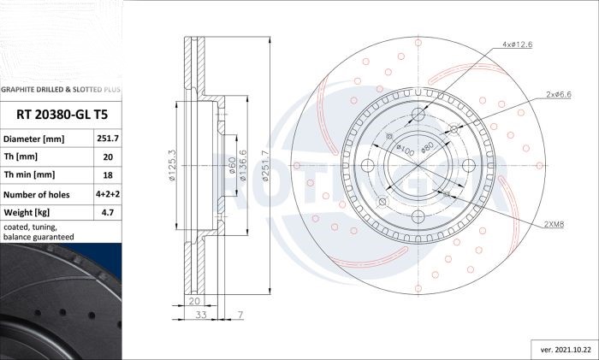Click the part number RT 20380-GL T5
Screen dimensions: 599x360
tap(62, 115)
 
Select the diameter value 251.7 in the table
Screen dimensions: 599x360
tap(108, 139)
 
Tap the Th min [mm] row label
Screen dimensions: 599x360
tap(29, 174)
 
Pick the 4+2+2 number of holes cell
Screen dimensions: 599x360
tap(108, 194)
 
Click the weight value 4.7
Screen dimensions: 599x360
tap(108, 212)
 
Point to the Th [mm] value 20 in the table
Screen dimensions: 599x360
tap(108, 156)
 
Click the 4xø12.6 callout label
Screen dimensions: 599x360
tap(517, 44)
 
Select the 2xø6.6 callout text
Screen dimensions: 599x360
tap(558, 94)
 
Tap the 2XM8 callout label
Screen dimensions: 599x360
tap(554, 225)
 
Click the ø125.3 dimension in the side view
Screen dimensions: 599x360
tap(172, 165)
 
